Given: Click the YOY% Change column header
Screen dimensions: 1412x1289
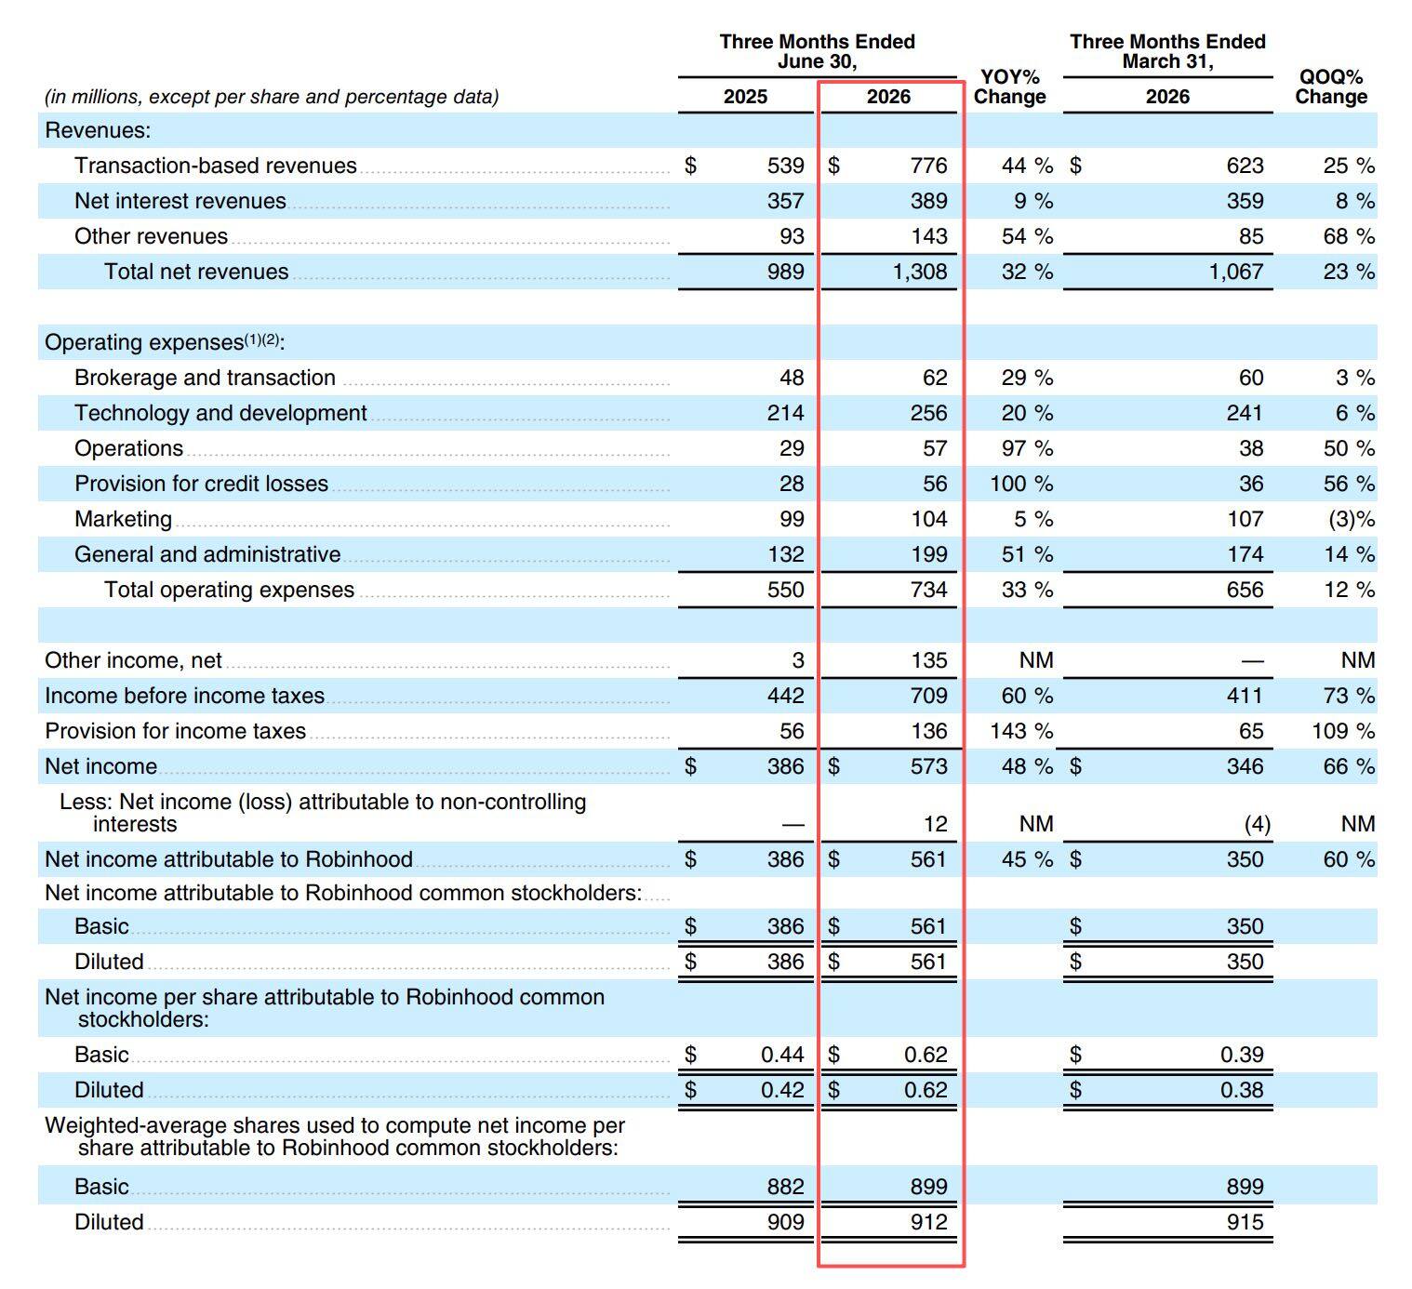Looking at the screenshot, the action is pyautogui.click(x=1009, y=86).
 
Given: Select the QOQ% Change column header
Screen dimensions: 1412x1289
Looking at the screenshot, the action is pyautogui.click(x=1330, y=86).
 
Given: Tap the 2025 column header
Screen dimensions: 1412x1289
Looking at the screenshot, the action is pyautogui.click(x=745, y=97).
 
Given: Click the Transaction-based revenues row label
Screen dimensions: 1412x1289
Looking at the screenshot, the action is pyautogui.click(x=216, y=166).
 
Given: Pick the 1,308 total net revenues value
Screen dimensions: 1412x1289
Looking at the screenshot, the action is pyautogui.click(x=919, y=272).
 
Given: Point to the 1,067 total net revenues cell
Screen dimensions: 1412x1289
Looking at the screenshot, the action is pyautogui.click(x=1235, y=272).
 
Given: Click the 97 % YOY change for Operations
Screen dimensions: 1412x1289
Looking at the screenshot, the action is pyautogui.click(x=1027, y=448).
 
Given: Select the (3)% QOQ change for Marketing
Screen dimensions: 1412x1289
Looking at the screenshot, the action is pyautogui.click(x=1352, y=519).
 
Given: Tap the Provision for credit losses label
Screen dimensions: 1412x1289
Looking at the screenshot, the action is pyautogui.click(x=201, y=484).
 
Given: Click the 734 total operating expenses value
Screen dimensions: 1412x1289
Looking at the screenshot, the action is pyautogui.click(x=928, y=590).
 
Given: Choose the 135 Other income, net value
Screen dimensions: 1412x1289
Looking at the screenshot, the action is pyautogui.click(x=929, y=660).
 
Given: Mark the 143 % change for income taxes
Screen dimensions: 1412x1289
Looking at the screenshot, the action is pyautogui.click(x=1021, y=731).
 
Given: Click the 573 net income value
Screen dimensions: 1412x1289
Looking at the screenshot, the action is pyautogui.click(x=928, y=766).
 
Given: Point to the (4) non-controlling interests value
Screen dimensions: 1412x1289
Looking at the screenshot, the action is pyautogui.click(x=1258, y=824).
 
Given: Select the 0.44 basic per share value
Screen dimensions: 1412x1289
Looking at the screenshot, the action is pyautogui.click(x=782, y=1055).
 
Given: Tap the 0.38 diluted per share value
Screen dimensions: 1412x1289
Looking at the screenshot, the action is pyautogui.click(x=1242, y=1090).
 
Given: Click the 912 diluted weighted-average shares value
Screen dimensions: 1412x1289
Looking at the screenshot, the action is pyautogui.click(x=928, y=1222).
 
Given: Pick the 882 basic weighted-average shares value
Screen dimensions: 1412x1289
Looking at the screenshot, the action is pyautogui.click(x=786, y=1187).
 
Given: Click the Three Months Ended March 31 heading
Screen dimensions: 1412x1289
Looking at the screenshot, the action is pyautogui.click(x=1167, y=51).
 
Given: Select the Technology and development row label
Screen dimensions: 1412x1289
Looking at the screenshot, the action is pyautogui.click(x=220, y=413).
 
